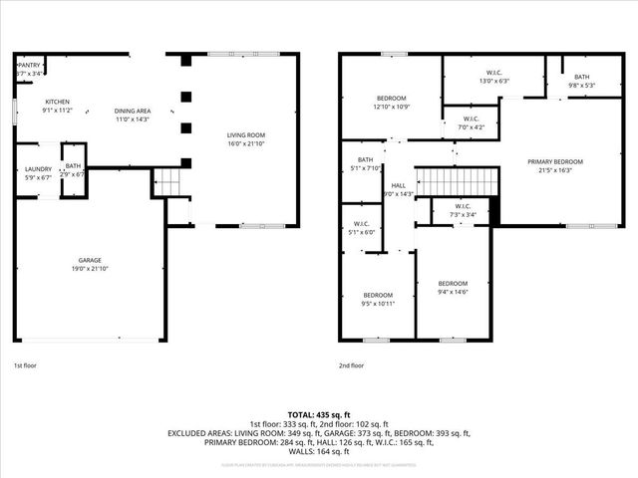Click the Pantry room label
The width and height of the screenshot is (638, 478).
(29, 66)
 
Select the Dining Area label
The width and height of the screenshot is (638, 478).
(132, 111)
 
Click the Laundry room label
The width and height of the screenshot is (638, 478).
(38, 169)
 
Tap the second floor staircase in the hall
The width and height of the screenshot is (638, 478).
(456, 182)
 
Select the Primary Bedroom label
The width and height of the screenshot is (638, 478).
(555, 161)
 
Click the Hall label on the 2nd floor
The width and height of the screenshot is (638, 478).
(399, 185)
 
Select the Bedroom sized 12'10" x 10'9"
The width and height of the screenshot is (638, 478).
(391, 98)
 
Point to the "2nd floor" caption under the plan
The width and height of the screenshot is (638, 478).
(351, 365)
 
